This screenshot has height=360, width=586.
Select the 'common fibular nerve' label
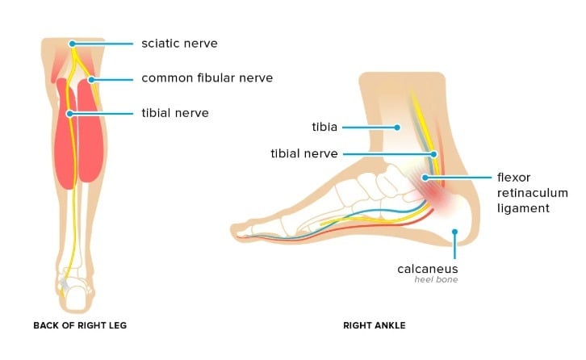tap(207, 78)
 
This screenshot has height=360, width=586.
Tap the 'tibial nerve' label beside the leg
tap(175, 113)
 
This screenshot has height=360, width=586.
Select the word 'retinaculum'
tap(536, 193)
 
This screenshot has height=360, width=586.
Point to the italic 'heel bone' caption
tap(441, 280)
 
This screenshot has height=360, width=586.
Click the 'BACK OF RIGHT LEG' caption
tap(80, 326)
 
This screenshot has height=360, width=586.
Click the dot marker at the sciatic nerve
tap(73, 44)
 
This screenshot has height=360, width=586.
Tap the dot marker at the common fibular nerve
tap(94, 79)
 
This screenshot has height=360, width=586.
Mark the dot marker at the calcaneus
tap(455, 232)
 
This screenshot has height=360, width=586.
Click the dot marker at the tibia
tap(397, 127)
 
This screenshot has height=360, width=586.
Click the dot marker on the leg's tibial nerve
tap(70, 114)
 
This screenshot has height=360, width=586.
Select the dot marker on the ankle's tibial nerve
tap(433, 153)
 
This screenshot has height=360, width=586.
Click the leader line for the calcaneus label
tap(455, 245)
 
